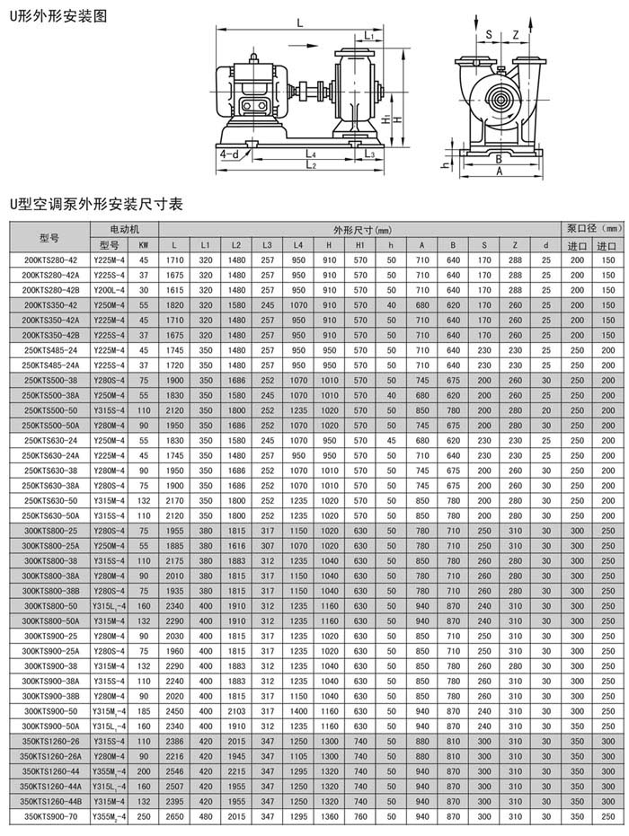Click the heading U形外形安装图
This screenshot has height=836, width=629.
[53, 15]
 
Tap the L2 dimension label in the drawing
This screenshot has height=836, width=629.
[311, 165]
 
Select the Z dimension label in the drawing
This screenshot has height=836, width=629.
[515, 34]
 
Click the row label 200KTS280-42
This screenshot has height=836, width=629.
[50, 260]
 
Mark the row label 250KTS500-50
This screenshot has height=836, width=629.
[51, 409]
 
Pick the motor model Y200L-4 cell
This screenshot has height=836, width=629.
[109, 290]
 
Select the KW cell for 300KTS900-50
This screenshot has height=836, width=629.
[143, 710]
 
